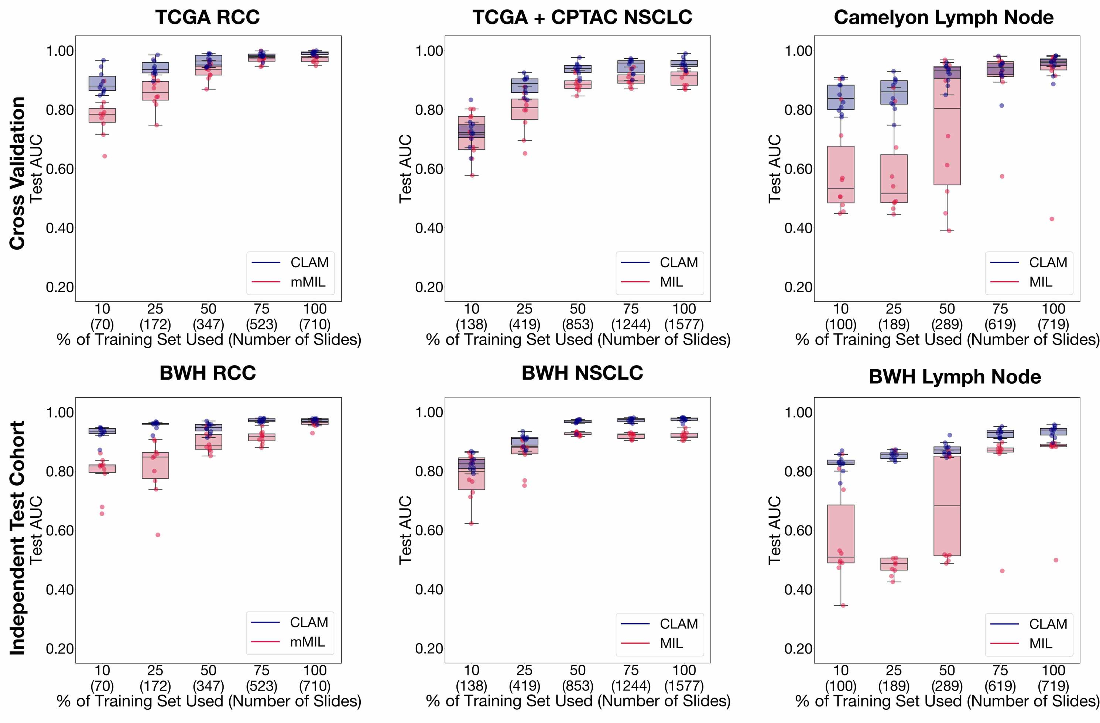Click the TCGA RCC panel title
208,17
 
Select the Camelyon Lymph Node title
943,17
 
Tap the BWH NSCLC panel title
582,373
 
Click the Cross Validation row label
18,173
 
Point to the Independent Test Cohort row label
18,538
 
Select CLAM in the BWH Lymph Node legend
1048,624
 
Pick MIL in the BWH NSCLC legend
671,643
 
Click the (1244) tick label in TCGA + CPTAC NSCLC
630,325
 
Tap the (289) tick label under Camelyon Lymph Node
946,325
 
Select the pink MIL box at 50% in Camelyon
946,139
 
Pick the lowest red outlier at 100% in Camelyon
1052,219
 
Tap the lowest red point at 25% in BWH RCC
158,535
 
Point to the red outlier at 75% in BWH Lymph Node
1002,571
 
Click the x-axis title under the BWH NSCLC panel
578,701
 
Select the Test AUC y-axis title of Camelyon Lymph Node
775,169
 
